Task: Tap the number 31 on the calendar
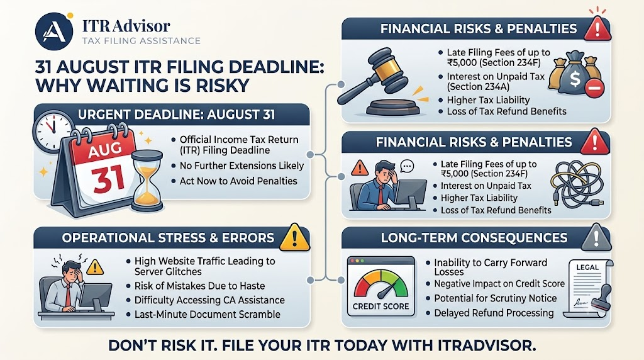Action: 108,178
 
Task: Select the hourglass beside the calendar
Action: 147,181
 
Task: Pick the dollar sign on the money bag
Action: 575,77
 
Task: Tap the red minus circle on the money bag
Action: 594,89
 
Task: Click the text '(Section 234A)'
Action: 478,87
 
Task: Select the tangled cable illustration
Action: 577,184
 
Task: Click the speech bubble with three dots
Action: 407,166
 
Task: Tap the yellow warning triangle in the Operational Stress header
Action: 294,237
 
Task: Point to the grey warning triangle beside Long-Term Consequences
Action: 596,237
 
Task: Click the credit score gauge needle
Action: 387,290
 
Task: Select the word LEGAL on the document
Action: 587,267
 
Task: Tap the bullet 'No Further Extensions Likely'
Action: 238,166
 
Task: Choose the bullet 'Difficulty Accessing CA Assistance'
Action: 206,300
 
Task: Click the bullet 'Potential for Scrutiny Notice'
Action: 492,298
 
